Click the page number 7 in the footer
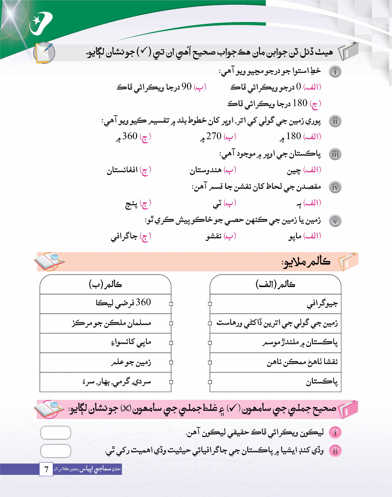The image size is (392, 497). pos(46,469)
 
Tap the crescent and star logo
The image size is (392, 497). pos(40,23)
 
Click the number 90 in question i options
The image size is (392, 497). pos(186,87)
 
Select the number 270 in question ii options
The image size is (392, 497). pos(214,136)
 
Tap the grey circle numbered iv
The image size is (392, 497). pos(335,187)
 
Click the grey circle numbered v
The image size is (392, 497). pos(335,221)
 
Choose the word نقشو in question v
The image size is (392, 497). pos(214,237)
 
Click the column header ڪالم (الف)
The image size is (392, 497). pos(275,284)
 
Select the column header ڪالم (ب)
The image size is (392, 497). pos(105,284)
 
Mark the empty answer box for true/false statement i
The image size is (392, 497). pos(56,433)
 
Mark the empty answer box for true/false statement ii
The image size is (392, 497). pos(56,451)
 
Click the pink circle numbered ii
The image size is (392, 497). pos(335,451)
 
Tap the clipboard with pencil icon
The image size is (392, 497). pos(44,52)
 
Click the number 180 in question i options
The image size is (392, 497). pos(300,103)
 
